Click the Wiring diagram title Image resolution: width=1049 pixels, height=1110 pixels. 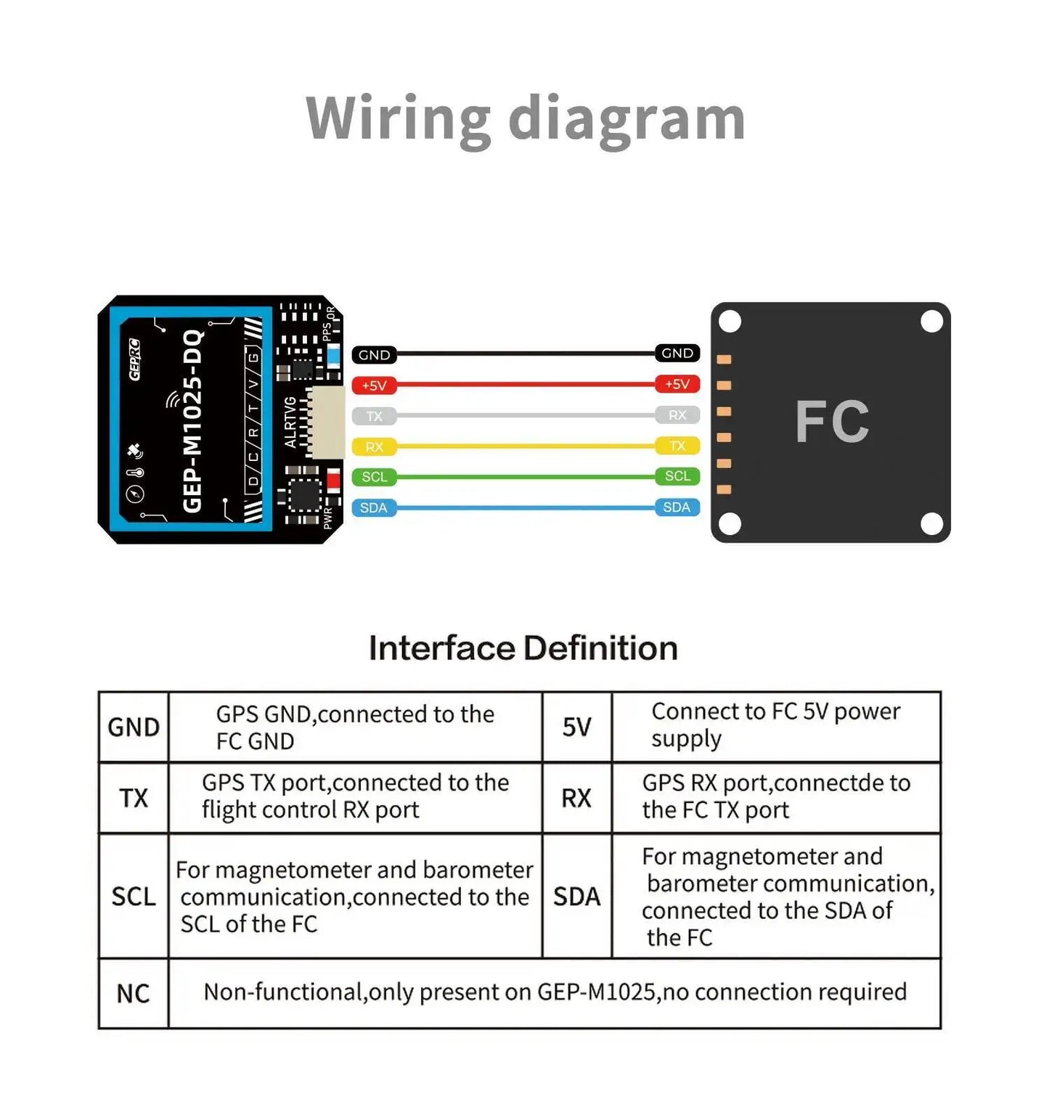click(x=525, y=118)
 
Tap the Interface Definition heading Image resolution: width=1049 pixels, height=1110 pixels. click(x=523, y=648)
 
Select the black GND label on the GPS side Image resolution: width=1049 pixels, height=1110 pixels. click(x=374, y=355)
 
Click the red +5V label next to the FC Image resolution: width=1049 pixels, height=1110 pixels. click(x=677, y=384)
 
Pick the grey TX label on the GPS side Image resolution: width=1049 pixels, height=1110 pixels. click(x=374, y=416)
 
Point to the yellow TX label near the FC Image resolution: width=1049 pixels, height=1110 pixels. click(x=677, y=445)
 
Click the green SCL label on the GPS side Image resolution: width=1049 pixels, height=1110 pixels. click(x=374, y=477)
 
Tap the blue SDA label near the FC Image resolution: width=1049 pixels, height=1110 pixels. click(x=677, y=507)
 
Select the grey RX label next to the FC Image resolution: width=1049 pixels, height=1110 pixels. click(x=677, y=415)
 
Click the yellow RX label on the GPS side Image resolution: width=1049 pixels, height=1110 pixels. click(x=374, y=446)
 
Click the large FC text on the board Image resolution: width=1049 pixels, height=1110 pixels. click(x=832, y=422)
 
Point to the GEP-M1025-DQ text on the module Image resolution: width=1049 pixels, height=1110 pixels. click(x=192, y=420)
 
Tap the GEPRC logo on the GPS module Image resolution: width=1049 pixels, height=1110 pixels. click(x=134, y=359)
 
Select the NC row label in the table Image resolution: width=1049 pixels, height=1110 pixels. click(x=133, y=993)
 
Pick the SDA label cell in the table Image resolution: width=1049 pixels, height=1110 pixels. click(x=576, y=897)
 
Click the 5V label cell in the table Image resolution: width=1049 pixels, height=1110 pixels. click(x=576, y=727)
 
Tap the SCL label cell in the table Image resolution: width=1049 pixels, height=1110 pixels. click(x=133, y=897)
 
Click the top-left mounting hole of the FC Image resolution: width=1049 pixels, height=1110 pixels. click(x=730, y=321)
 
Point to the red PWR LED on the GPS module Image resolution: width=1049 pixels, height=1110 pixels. click(x=333, y=480)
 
